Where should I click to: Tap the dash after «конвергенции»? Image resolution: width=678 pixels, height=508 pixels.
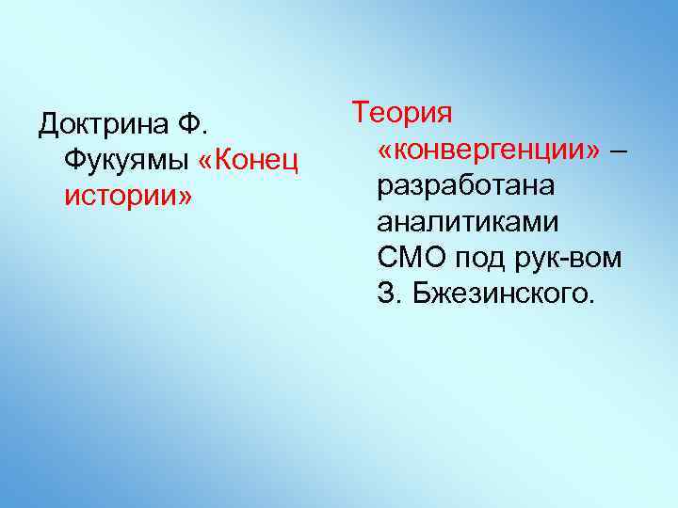pyautogui.click(x=616, y=150)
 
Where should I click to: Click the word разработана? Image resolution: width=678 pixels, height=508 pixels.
pyautogui.click(x=465, y=186)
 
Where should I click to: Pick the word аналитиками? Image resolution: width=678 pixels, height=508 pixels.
pyautogui.click(x=467, y=222)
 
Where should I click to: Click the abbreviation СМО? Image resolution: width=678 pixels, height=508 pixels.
pyautogui.click(x=411, y=259)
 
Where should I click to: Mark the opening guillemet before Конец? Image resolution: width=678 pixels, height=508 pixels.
pyautogui.click(x=207, y=161)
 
